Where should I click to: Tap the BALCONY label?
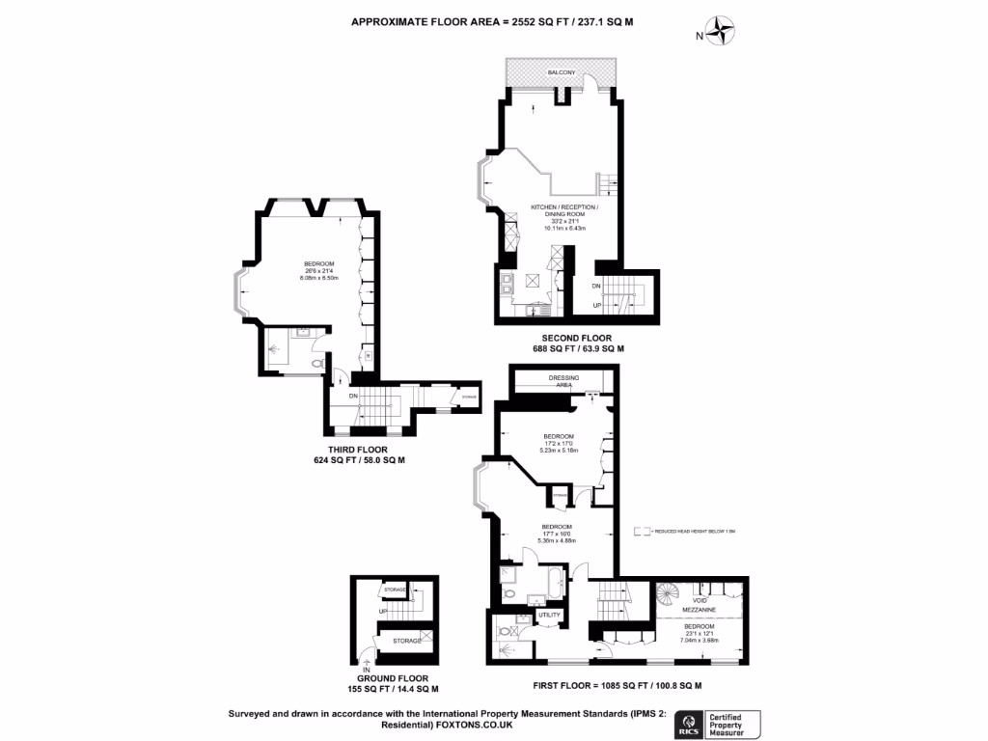562,73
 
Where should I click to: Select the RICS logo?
690,723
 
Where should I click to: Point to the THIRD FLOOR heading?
353,451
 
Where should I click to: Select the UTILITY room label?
549,615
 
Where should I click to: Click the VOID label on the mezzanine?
701,601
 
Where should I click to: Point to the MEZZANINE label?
701,611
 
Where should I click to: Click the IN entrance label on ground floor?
366,670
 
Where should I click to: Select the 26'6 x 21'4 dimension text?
319,271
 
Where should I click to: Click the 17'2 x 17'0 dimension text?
560,444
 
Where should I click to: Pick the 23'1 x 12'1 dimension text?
702,633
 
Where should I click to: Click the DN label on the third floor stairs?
354,396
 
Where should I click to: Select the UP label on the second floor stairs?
597,306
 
